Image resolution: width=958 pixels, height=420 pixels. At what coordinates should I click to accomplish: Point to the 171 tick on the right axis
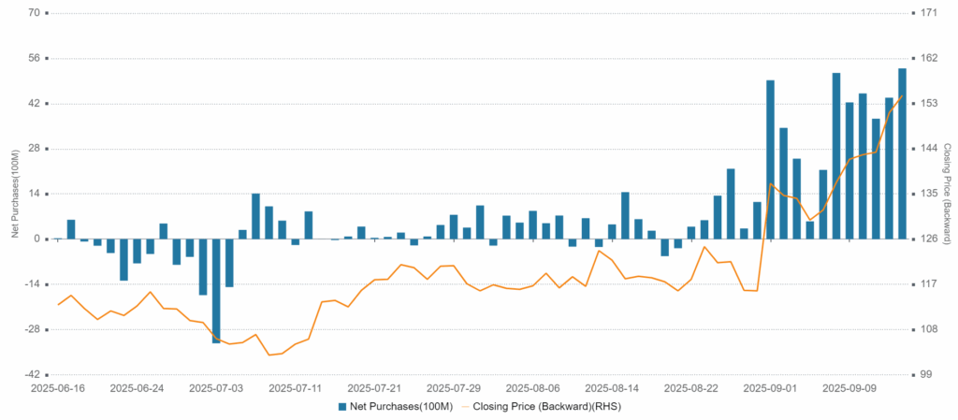(x=929, y=13)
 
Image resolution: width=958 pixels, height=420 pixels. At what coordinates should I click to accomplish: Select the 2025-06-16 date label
(x=58, y=387)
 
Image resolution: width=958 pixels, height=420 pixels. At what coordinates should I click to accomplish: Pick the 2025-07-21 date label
(x=374, y=387)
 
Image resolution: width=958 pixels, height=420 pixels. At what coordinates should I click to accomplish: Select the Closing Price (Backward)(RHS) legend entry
(x=546, y=407)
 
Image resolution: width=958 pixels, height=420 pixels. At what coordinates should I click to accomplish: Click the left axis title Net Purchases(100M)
(x=15, y=194)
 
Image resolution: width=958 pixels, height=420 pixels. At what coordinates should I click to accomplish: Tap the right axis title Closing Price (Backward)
(x=946, y=194)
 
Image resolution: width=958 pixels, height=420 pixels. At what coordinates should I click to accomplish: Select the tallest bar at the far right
(x=902, y=153)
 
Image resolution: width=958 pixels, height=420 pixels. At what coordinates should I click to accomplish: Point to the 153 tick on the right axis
(x=929, y=103)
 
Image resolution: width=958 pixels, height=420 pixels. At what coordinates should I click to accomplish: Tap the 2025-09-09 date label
(x=849, y=387)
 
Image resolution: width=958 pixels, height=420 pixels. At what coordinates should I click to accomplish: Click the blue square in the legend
(x=342, y=407)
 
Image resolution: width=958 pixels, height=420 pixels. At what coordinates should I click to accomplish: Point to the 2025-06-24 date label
(x=137, y=387)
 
